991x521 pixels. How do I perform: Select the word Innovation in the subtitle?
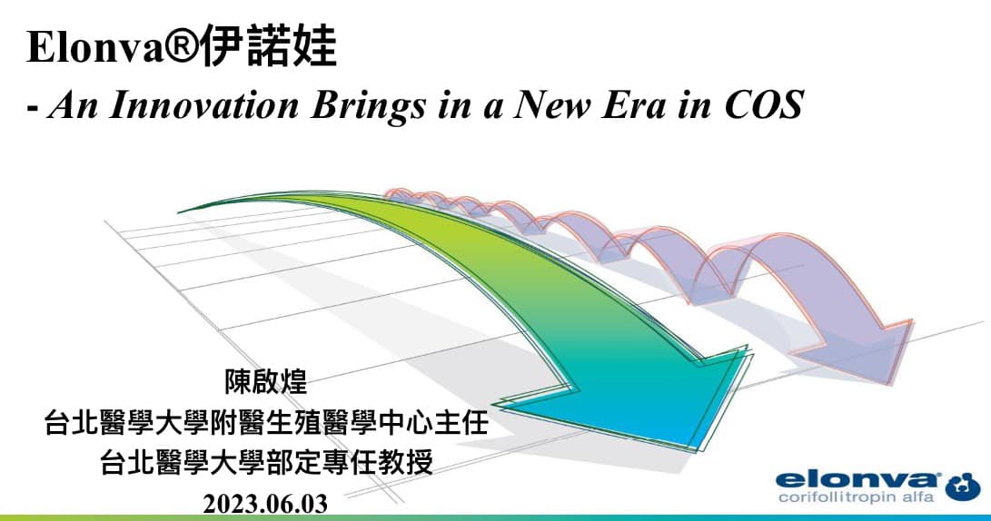(203, 104)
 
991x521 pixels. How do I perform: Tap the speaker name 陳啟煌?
(265, 382)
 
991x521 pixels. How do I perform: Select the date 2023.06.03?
(265, 504)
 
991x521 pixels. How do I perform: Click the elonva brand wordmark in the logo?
(857, 480)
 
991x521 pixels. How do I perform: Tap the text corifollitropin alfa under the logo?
(856, 497)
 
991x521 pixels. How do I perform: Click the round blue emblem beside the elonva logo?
(963, 487)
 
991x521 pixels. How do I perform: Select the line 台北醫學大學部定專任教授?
(266, 462)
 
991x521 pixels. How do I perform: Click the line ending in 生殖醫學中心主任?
(266, 422)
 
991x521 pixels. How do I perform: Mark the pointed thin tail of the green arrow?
(180, 211)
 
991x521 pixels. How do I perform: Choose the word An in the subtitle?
(73, 104)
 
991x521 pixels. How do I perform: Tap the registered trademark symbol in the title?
(182, 46)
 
